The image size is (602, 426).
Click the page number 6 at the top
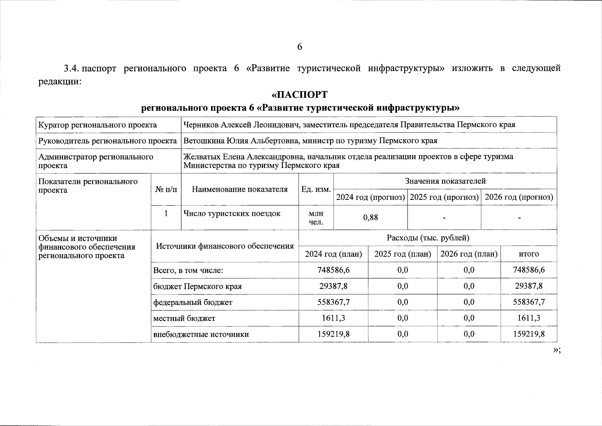click(299, 47)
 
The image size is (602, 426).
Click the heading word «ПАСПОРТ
click(299, 95)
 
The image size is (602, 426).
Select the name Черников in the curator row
click(199, 125)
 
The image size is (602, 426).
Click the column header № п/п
click(166, 190)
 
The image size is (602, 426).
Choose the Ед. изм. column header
click(316, 190)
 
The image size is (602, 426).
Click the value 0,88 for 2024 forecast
click(371, 217)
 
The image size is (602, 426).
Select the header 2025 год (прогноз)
click(444, 197)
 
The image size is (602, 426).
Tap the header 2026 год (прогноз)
click(519, 197)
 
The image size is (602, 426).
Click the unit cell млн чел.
click(316, 218)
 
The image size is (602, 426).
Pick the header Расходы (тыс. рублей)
click(428, 238)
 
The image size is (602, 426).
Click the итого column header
click(529, 254)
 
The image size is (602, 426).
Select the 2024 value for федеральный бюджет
click(334, 302)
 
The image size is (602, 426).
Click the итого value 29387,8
click(529, 286)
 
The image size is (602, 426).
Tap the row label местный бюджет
click(184, 318)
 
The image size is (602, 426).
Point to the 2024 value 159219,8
click(334, 334)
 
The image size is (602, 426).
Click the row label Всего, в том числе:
click(188, 271)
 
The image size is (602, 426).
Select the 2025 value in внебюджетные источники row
click(403, 334)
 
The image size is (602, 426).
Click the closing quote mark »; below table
click(557, 350)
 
